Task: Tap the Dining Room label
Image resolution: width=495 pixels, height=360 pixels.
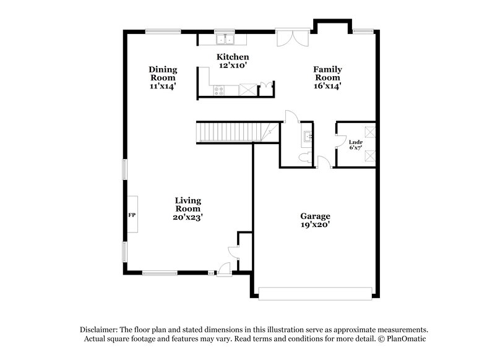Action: pyautogui.click(x=163, y=69)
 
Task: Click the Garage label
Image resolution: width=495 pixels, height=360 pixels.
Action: pyautogui.click(x=315, y=216)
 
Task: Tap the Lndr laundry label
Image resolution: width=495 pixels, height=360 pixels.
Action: pyautogui.click(x=355, y=142)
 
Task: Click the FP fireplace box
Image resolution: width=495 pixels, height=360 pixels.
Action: pyautogui.click(x=132, y=215)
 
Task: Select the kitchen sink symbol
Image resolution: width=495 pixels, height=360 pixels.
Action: pyautogui.click(x=225, y=40)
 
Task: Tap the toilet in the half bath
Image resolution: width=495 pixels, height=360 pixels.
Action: pyautogui.click(x=304, y=158)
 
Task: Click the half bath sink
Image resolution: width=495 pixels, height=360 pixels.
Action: pyautogui.click(x=307, y=135)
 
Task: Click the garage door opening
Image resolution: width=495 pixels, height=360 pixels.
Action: pyautogui.click(x=316, y=293)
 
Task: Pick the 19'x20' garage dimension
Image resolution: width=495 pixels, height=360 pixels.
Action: pyautogui.click(x=315, y=225)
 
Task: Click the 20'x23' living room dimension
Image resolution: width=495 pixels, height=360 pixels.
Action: pyautogui.click(x=187, y=217)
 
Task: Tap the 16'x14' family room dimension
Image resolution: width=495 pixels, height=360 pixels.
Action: pyautogui.click(x=327, y=87)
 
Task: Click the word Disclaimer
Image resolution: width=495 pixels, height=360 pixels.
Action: pyautogui.click(x=98, y=330)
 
